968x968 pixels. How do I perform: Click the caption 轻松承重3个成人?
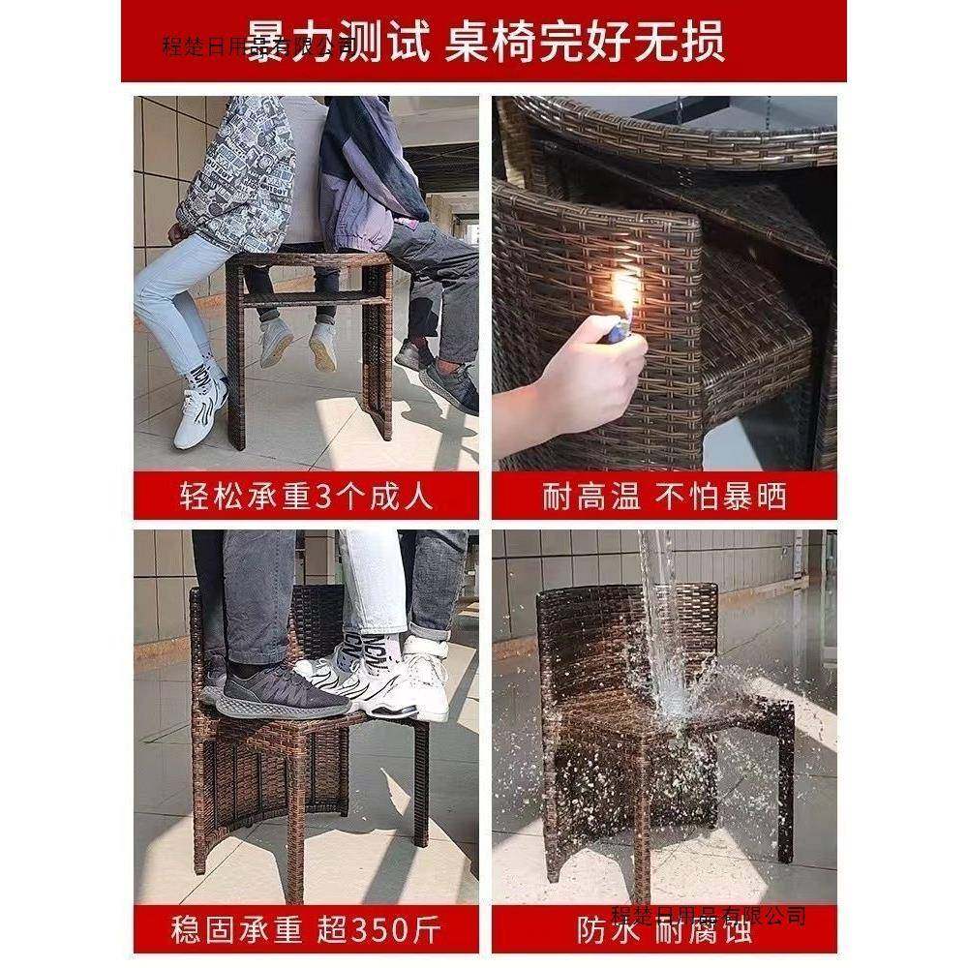(x=306, y=497)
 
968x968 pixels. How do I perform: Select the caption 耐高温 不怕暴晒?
(x=664, y=497)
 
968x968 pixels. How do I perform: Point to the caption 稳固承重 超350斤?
(x=306, y=932)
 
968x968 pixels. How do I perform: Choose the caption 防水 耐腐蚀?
(x=664, y=932)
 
